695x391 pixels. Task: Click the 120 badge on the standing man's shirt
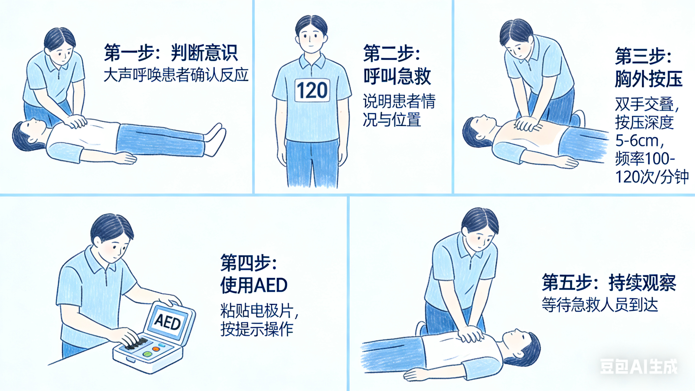point(312,90)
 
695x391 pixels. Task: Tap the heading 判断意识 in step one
point(204,53)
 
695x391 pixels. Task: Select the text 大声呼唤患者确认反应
point(176,75)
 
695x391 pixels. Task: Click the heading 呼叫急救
point(397,76)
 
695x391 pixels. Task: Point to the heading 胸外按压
point(648,79)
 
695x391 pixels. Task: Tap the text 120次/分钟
point(651,177)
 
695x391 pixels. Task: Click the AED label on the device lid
point(167,322)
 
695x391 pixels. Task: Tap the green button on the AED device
point(147,354)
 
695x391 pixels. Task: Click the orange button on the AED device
point(156,349)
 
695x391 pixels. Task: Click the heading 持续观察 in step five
point(642,283)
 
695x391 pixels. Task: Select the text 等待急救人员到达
point(600,305)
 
